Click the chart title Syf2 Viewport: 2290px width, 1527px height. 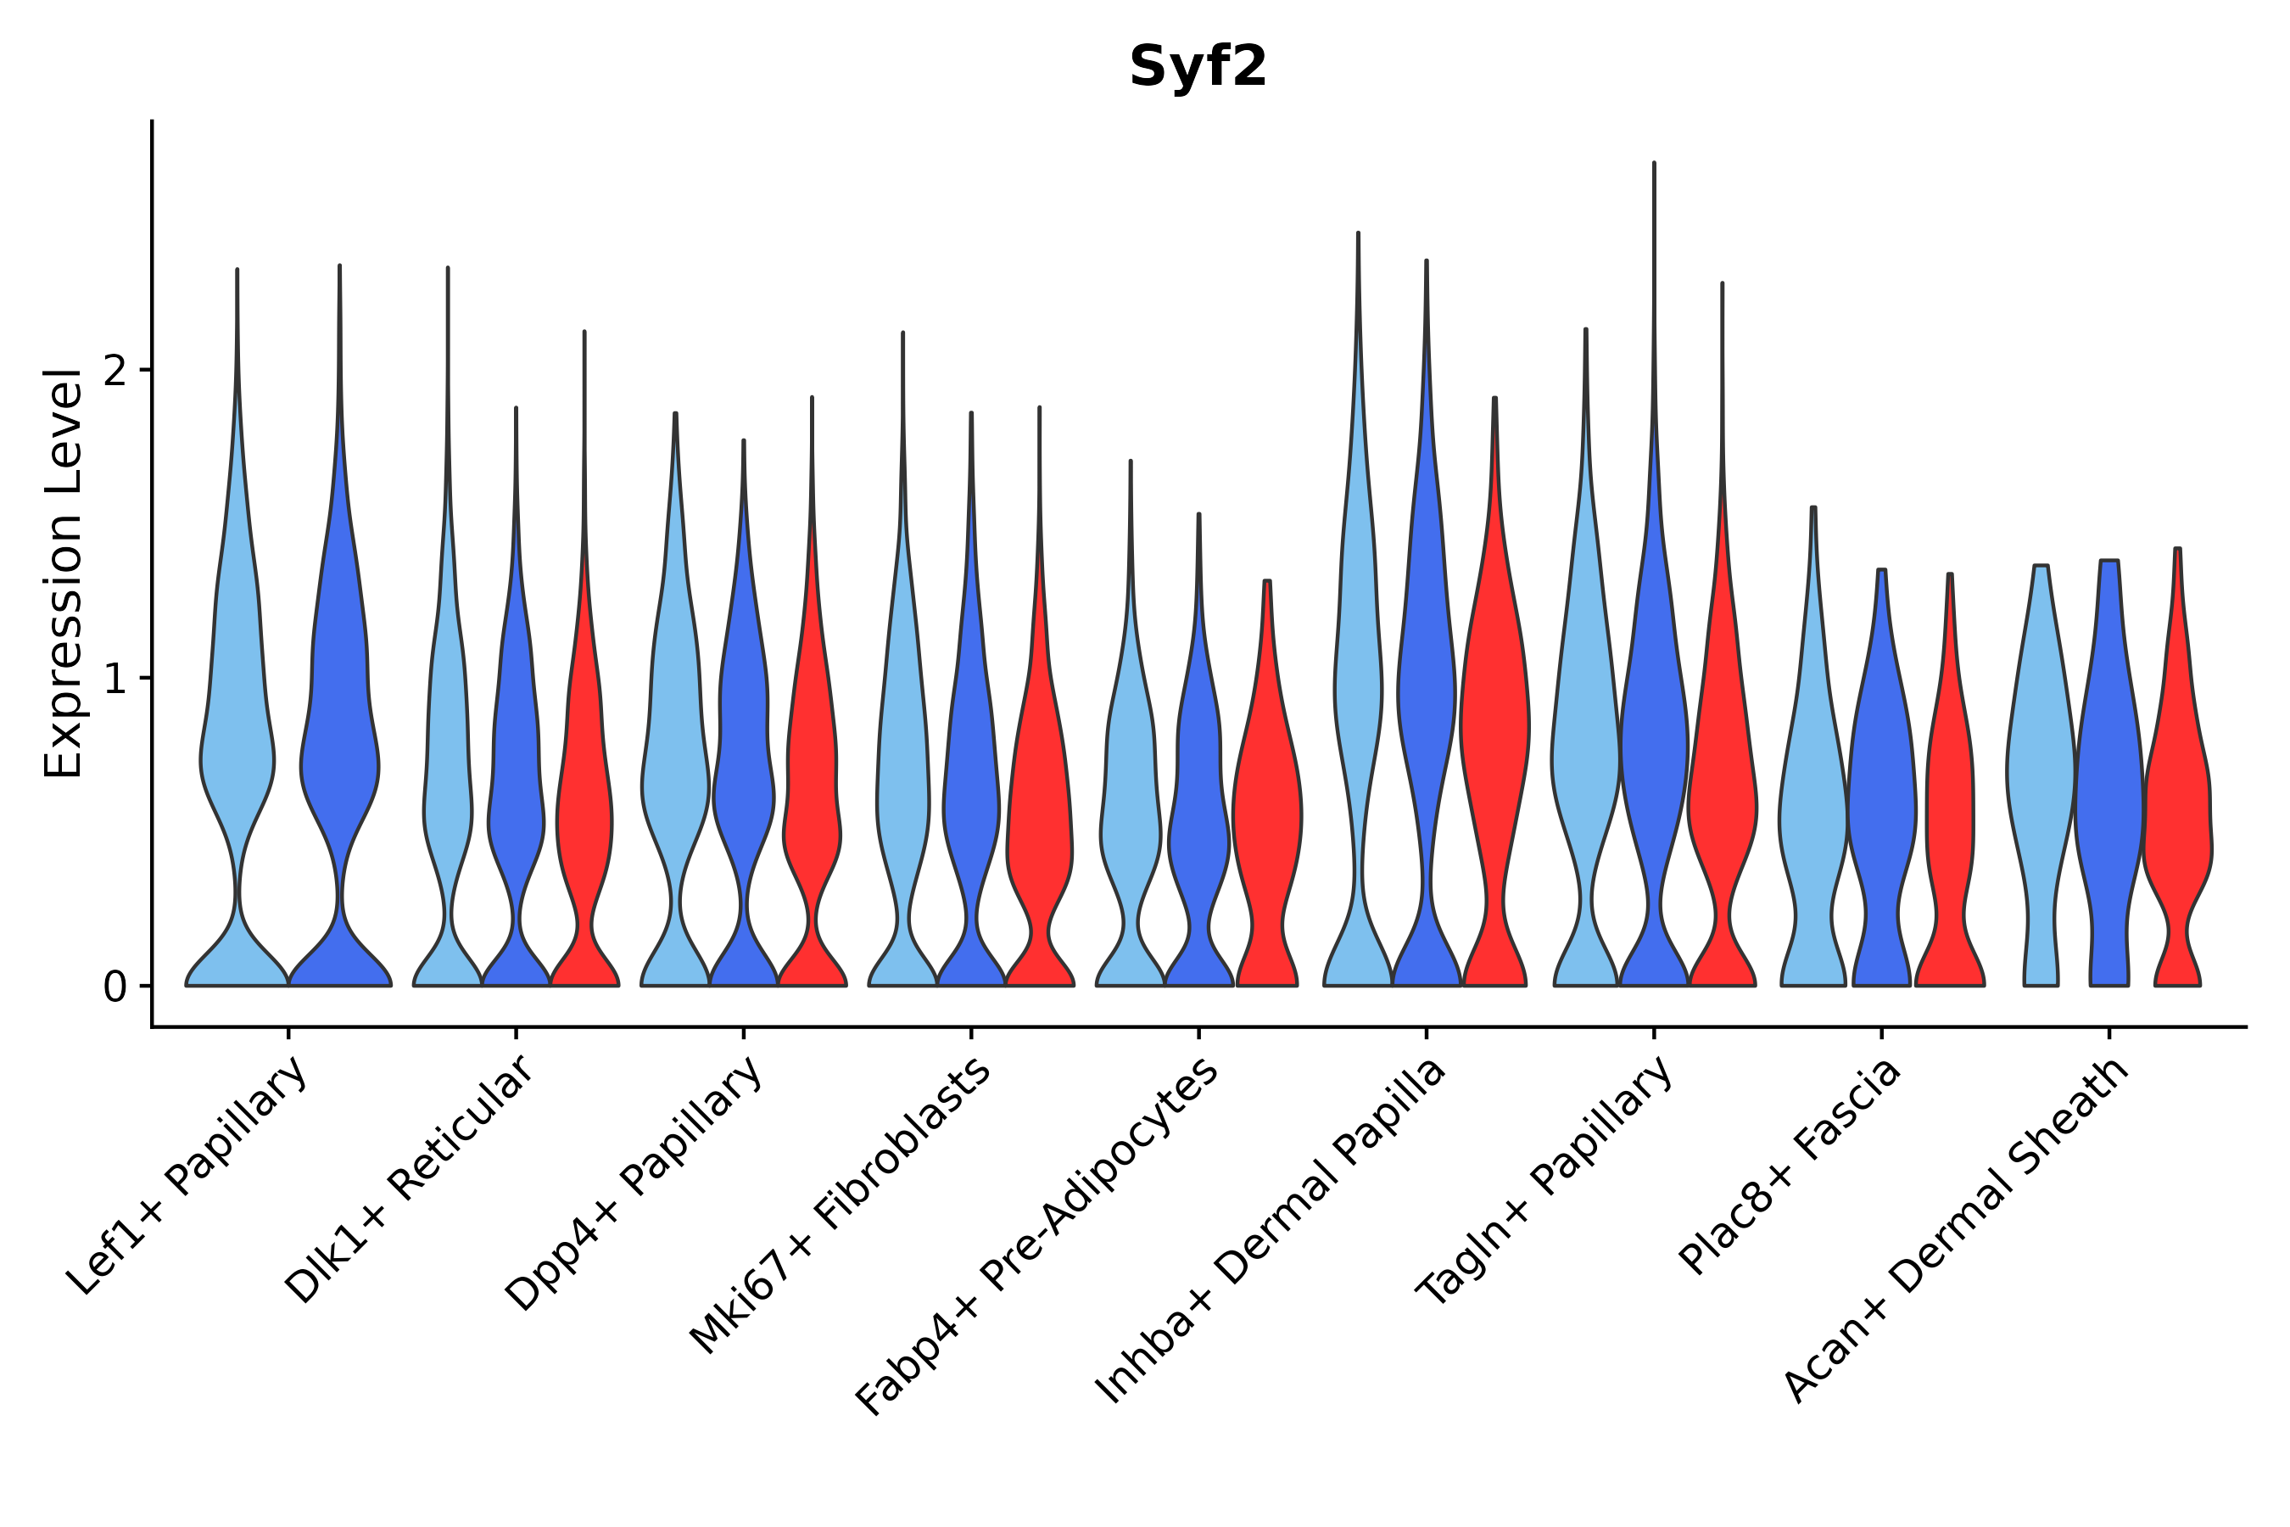pyautogui.click(x=1198, y=68)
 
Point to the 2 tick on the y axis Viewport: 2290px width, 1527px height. pyautogui.click(x=114, y=371)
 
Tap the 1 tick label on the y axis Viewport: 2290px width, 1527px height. pyautogui.click(x=114, y=679)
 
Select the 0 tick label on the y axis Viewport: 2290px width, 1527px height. pyautogui.click(x=114, y=987)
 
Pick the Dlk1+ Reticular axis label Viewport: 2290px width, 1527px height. pyautogui.click(x=410, y=1179)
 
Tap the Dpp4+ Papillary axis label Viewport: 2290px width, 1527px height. pyautogui.click(x=634, y=1183)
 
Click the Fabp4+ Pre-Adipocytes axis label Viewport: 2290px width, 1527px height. pyautogui.click(x=1038, y=1236)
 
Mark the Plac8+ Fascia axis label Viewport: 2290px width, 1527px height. pyautogui.click(x=1790, y=1166)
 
